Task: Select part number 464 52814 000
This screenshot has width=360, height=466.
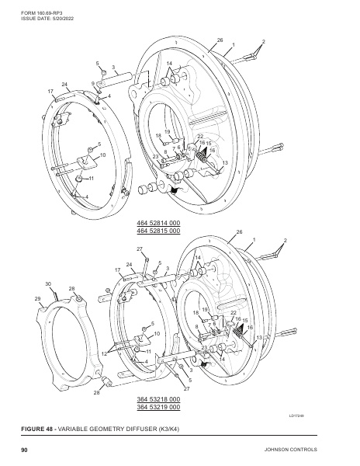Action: (158, 223)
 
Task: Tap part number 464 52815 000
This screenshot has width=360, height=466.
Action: (158, 231)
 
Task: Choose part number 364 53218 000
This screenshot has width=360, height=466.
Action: (158, 399)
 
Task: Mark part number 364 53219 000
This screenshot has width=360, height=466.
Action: (158, 407)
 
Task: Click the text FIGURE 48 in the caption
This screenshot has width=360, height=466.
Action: (36, 429)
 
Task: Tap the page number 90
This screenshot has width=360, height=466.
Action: (24, 450)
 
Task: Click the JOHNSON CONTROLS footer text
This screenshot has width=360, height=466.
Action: (290, 450)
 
